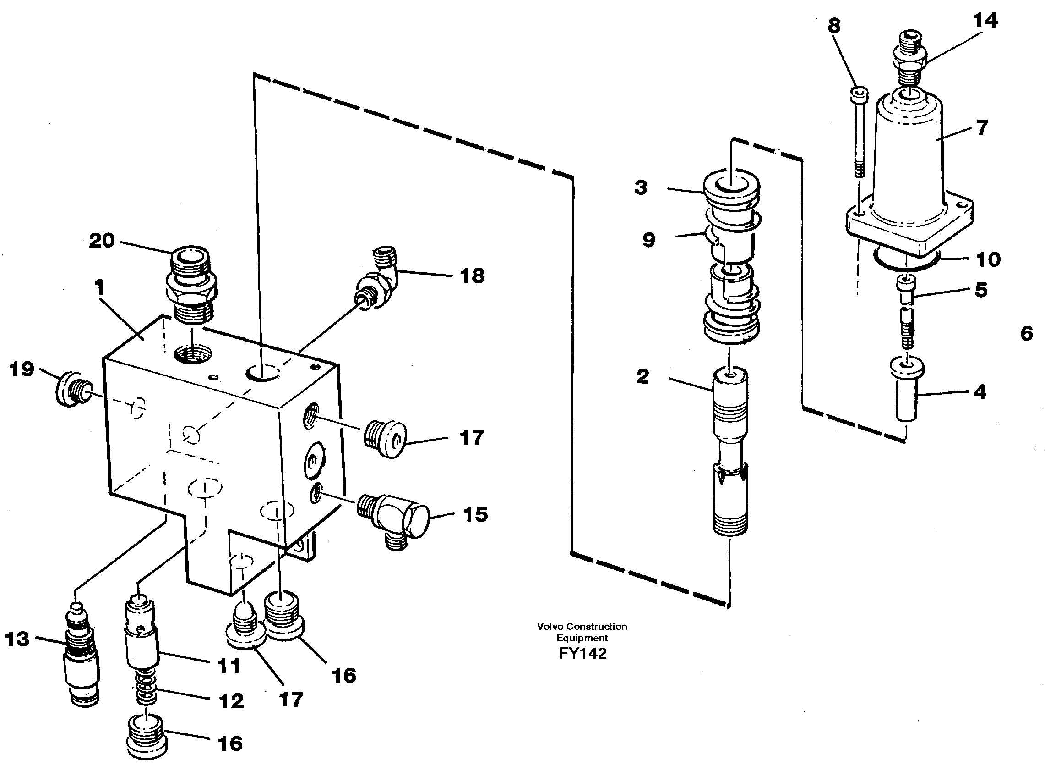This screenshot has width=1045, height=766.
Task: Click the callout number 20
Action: click(x=102, y=241)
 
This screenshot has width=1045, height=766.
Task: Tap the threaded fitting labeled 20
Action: click(x=190, y=284)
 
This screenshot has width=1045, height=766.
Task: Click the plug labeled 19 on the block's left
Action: click(x=73, y=389)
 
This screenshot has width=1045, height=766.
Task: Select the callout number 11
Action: click(x=229, y=667)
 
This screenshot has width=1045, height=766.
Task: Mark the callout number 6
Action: click(x=1027, y=333)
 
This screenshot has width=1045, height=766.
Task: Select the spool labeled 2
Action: click(x=730, y=454)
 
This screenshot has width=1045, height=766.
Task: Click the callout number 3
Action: click(x=641, y=188)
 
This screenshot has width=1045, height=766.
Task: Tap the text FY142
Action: click(x=582, y=653)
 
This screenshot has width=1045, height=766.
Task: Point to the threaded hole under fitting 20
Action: click(x=194, y=356)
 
